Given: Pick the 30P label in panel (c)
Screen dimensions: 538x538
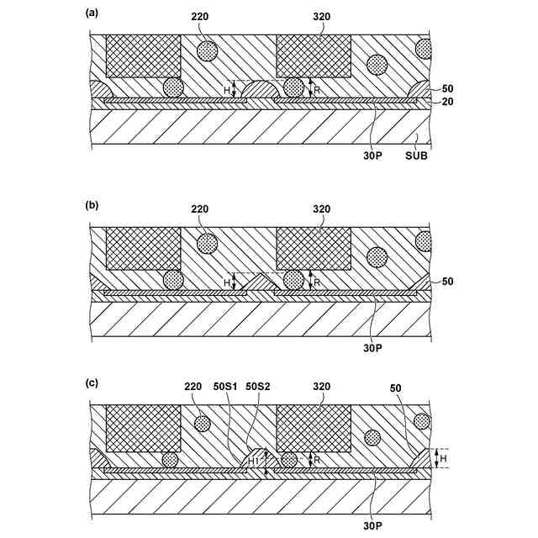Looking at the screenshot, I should [373, 525].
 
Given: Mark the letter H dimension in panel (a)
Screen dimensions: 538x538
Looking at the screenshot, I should [225, 90].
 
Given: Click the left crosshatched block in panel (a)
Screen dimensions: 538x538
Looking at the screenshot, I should [143, 56].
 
